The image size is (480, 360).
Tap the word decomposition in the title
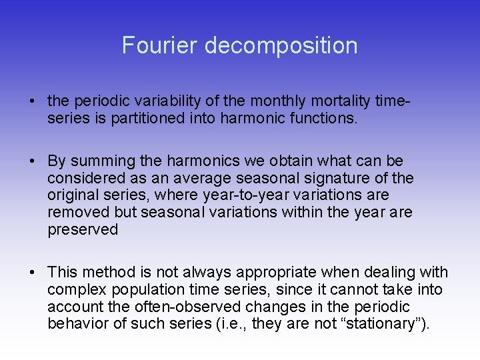pos(281,45)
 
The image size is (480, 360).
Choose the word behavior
pos(74,325)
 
